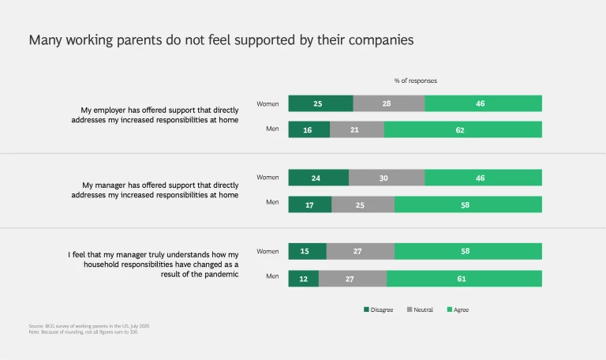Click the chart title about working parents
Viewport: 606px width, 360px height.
[222, 40]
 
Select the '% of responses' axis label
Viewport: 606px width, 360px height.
[415, 81]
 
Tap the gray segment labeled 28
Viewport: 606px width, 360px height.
[388, 103]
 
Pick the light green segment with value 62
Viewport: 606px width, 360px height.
[462, 129]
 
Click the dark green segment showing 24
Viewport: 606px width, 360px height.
[318, 178]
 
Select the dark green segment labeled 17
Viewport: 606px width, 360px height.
[310, 204]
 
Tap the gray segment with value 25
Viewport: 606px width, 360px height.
[363, 204]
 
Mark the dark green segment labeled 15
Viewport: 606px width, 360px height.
[307, 251]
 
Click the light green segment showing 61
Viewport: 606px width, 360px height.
[464, 278]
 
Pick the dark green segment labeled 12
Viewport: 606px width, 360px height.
[304, 278]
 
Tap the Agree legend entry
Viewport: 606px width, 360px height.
[458, 309]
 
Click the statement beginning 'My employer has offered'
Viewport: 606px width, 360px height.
[159, 114]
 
